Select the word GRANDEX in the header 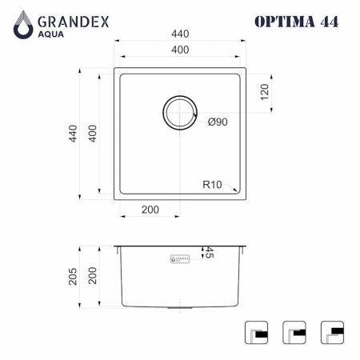coord(73,16)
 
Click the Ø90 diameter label coord(219,122)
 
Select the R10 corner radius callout coord(212,184)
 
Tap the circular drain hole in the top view coord(179,112)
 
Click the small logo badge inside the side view coord(179,259)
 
